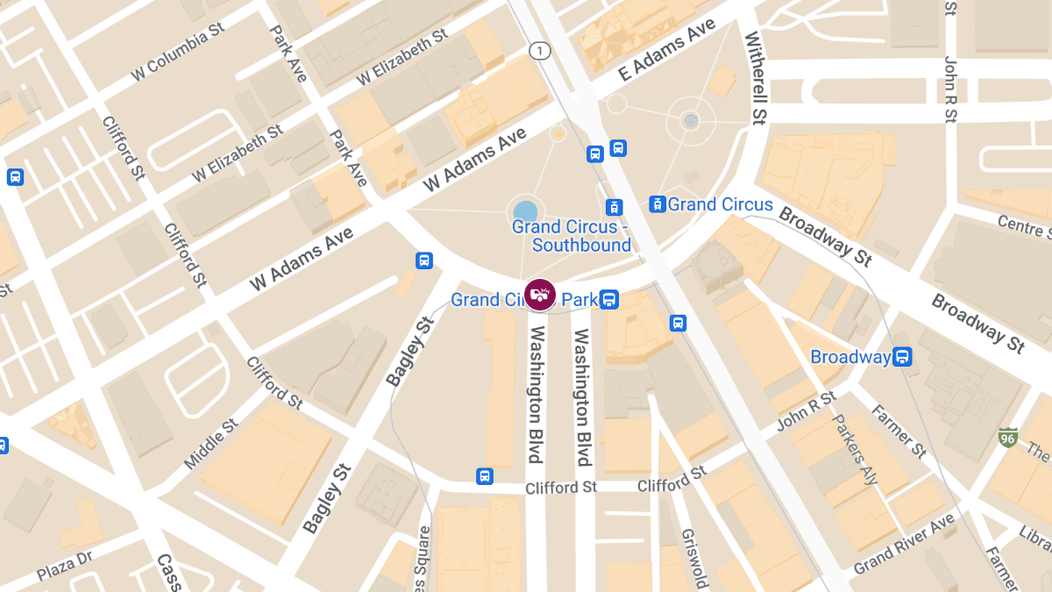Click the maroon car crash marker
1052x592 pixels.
click(539, 295)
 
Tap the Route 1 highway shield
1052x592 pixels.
click(539, 51)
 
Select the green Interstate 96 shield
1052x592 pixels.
click(1007, 436)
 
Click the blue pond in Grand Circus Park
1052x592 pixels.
click(525, 210)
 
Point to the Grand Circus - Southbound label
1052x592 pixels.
click(571, 236)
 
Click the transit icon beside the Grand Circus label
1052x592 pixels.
click(657, 204)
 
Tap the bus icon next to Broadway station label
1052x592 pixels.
click(901, 357)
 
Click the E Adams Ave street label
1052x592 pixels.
click(667, 51)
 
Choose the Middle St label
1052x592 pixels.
click(211, 443)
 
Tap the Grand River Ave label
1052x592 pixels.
click(904, 544)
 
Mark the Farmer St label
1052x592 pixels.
click(899, 432)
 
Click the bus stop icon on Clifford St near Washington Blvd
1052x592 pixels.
click(484, 476)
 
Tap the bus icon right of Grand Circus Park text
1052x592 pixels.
click(609, 300)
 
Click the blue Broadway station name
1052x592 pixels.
click(849, 357)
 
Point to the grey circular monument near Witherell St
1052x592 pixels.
click(692, 121)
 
